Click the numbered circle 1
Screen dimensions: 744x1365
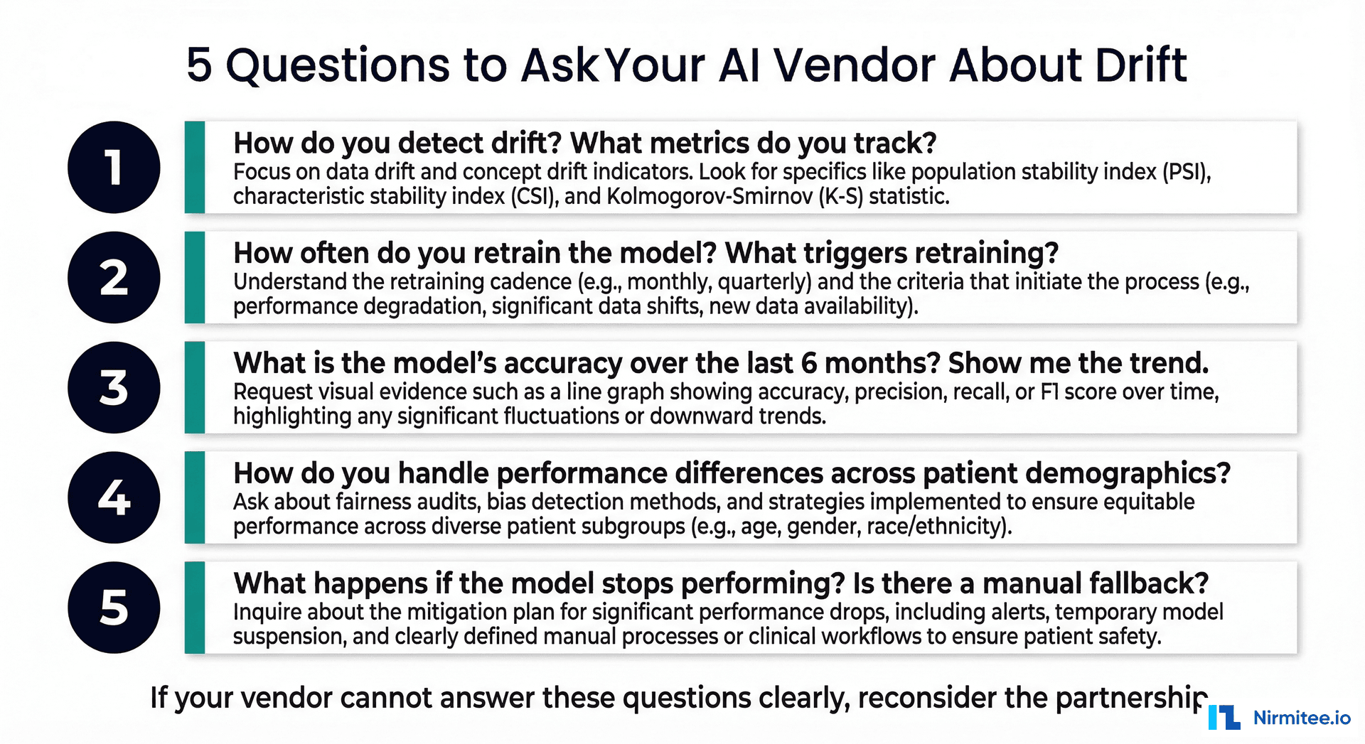tap(114, 168)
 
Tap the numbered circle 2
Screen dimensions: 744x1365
tap(114, 278)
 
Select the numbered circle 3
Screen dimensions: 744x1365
tap(114, 388)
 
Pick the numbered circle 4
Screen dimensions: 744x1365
tap(114, 497)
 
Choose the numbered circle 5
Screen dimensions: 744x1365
tap(114, 608)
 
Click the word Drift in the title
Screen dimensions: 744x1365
tap(1140, 65)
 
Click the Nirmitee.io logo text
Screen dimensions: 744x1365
tap(1301, 718)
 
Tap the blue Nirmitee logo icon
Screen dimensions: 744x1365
tap(1224, 717)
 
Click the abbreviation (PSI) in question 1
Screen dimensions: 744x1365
tap(1186, 172)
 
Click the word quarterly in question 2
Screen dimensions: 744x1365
tap(764, 282)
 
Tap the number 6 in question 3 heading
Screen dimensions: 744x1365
tap(808, 364)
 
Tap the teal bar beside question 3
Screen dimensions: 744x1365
tap(195, 388)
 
